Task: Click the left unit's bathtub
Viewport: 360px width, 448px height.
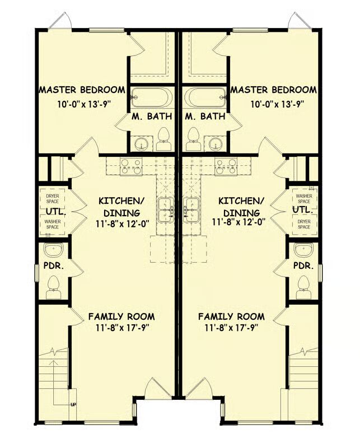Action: pos(151,97)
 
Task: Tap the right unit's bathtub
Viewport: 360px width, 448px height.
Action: pos(205,97)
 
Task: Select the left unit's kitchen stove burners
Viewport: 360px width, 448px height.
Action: pos(131,166)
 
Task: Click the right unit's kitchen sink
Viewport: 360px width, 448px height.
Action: pos(190,209)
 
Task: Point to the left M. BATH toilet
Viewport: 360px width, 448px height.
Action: pos(163,139)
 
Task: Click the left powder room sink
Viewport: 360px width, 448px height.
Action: pos(53,250)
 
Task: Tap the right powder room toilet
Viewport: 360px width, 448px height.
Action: pos(303,287)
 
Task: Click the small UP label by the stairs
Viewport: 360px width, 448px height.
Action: pos(73,404)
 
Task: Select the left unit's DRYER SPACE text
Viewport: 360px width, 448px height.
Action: pos(53,199)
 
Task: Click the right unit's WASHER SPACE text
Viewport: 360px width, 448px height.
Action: pos(304,199)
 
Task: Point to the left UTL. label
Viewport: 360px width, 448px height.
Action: pos(56,212)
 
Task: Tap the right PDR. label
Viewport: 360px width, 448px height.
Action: pos(303,265)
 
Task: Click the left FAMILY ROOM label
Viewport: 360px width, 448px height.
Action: pos(121,316)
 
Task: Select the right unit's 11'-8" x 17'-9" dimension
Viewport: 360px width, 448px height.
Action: pos(231,328)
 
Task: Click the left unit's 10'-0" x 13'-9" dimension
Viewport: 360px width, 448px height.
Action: pos(84,104)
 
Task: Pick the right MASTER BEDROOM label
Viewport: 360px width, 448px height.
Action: pos(274,90)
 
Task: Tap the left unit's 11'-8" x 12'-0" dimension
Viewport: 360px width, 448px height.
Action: pos(123,223)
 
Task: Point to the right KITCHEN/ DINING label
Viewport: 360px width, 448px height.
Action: pos(241,207)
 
